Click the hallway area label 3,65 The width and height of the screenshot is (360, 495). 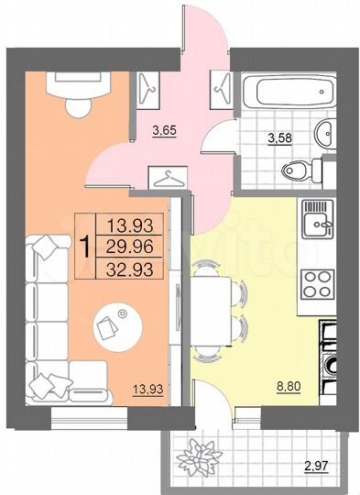(x=164, y=130)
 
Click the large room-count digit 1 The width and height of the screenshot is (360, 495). (x=84, y=246)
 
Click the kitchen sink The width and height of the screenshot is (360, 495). (x=319, y=221)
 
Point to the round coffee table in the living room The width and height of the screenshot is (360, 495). (x=116, y=324)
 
